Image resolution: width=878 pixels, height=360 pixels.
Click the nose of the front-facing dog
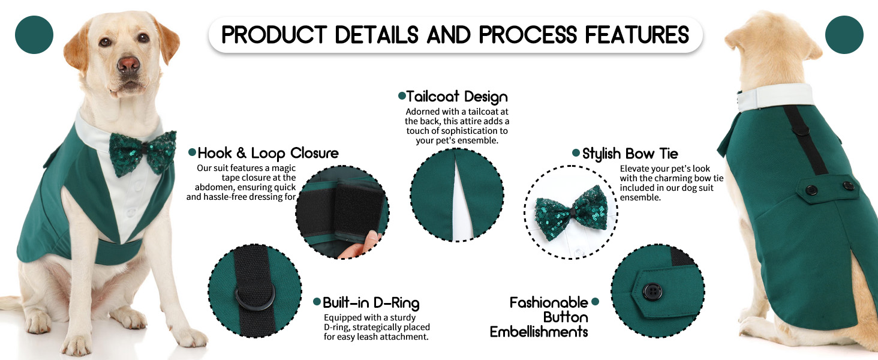[128, 65]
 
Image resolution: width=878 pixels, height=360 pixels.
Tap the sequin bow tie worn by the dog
[143, 152]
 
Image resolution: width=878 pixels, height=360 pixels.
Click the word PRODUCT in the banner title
[274, 35]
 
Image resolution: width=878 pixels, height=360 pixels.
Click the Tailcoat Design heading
[456, 97]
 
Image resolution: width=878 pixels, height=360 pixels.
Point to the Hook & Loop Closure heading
[268, 153]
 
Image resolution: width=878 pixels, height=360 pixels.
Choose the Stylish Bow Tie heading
[630, 154]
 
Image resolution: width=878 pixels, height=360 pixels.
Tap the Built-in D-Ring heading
[371, 303]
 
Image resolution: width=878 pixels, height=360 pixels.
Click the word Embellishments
[539, 332]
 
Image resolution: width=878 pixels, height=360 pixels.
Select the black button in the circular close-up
[653, 292]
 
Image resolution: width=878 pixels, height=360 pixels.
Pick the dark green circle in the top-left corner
[34, 35]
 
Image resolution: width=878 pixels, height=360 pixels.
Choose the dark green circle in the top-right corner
[844, 35]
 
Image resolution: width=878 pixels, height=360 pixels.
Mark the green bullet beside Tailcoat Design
[402, 95]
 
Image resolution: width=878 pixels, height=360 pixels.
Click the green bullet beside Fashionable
[595, 301]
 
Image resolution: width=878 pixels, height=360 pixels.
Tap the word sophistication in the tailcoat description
[460, 131]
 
